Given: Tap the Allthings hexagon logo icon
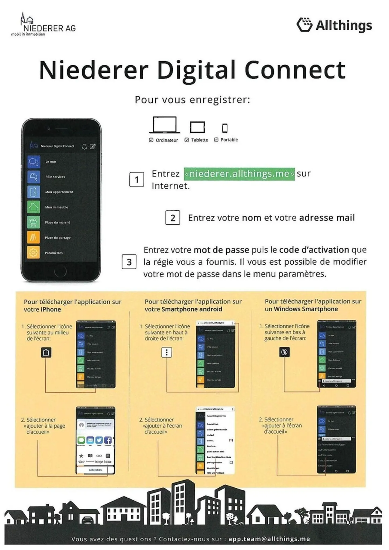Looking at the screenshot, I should pyautogui.click(x=304, y=25).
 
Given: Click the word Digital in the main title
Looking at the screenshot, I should pyautogui.click(x=196, y=70).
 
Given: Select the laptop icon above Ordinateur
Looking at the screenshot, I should pyautogui.click(x=165, y=125).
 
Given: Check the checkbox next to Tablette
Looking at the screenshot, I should pyautogui.click(x=187, y=140).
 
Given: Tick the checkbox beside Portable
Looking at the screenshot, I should pyautogui.click(x=216, y=140).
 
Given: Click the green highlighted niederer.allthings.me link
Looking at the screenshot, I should pyautogui.click(x=239, y=174).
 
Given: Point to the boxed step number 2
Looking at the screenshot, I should pyautogui.click(x=173, y=218).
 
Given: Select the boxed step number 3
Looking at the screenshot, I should pyautogui.click(x=129, y=262).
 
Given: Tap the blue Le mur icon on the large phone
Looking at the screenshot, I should pyautogui.click(x=33, y=162).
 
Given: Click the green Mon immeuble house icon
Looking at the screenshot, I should pyautogui.click(x=33, y=207).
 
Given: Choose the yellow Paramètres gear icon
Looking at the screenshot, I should pyautogui.click(x=33, y=253).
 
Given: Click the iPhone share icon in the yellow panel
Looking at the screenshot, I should pyautogui.click(x=46, y=352).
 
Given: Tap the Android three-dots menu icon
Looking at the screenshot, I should pyautogui.click(x=167, y=352).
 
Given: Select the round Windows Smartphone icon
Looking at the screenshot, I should pyautogui.click(x=284, y=352).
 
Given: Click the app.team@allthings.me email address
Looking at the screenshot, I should pyautogui.click(x=269, y=539).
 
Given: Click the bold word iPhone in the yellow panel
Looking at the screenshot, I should pyautogui.click(x=51, y=309).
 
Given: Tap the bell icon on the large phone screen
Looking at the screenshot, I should pyautogui.click(x=84, y=146).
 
